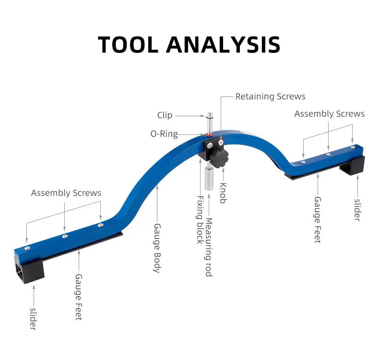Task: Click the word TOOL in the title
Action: (x=128, y=45)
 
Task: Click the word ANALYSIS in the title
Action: (x=223, y=45)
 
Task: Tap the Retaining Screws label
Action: (x=270, y=96)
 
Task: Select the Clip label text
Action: (x=165, y=115)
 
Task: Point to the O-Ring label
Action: (x=164, y=134)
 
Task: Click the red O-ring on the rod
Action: (x=210, y=135)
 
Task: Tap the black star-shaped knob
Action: (x=218, y=158)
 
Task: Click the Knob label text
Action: (x=223, y=193)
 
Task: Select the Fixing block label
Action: (x=200, y=220)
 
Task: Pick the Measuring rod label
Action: (x=209, y=247)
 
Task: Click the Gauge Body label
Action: (x=157, y=248)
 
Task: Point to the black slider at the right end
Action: (x=352, y=167)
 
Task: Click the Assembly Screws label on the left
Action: (x=66, y=192)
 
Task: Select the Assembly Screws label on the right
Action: (x=329, y=114)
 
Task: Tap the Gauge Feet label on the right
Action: (x=318, y=220)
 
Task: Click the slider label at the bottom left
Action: (x=33, y=319)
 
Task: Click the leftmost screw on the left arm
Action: (x=28, y=248)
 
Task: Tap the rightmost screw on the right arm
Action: (x=353, y=147)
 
